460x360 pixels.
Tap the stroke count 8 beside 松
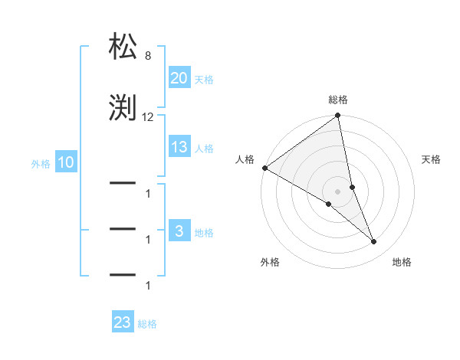[x=147, y=56]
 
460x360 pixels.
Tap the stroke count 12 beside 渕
[x=148, y=117]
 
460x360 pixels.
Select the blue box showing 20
[x=179, y=78]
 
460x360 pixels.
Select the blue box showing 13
[x=179, y=147]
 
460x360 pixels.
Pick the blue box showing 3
[x=179, y=231]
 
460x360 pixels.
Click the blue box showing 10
[x=65, y=162]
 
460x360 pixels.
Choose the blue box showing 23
[x=123, y=322]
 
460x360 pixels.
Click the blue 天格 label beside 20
[x=204, y=79]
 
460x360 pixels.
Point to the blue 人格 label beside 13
[x=204, y=148]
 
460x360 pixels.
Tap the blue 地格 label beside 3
[x=204, y=232]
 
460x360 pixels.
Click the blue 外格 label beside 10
[x=41, y=163]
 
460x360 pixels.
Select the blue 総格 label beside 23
[x=147, y=323]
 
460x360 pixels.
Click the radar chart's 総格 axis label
[x=338, y=100]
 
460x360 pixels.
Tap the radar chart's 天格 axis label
[x=432, y=159]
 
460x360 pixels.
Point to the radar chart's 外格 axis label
[x=270, y=262]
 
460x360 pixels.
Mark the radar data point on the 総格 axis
[x=338, y=116]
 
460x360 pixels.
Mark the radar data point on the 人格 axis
[x=264, y=168]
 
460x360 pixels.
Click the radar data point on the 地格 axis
[x=374, y=242]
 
